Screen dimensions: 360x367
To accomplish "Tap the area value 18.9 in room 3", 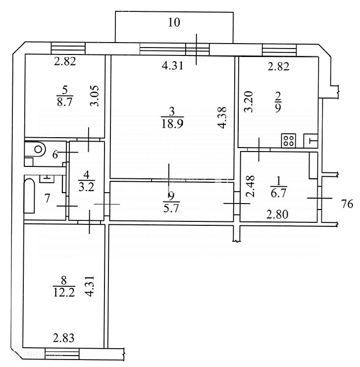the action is coord(172,123).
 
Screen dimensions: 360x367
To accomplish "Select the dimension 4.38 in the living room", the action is coord(223,118).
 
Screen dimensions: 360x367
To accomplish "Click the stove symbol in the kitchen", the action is coord(289,140).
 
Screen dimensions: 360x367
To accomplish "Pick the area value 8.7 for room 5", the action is coord(64,101).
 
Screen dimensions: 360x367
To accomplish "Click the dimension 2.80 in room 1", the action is coord(277,214).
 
